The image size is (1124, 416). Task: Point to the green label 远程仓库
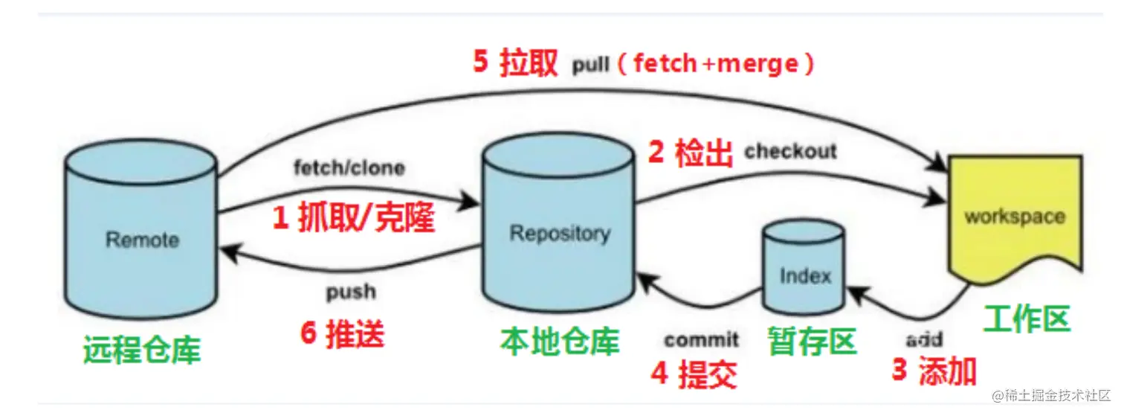(142, 348)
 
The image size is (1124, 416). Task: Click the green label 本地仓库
(560, 342)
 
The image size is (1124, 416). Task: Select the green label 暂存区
(811, 342)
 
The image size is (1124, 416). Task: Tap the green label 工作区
(1027, 319)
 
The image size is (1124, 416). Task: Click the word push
(350, 292)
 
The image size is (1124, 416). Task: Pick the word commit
(702, 340)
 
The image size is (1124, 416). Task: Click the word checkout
(790, 151)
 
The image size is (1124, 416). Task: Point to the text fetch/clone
(349, 167)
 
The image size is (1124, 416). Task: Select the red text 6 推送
(343, 335)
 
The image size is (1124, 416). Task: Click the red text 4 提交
(694, 374)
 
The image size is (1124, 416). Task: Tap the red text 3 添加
(934, 370)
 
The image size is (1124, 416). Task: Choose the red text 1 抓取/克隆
(353, 217)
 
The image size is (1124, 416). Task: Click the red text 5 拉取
(515, 63)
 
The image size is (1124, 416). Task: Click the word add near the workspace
(924, 340)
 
